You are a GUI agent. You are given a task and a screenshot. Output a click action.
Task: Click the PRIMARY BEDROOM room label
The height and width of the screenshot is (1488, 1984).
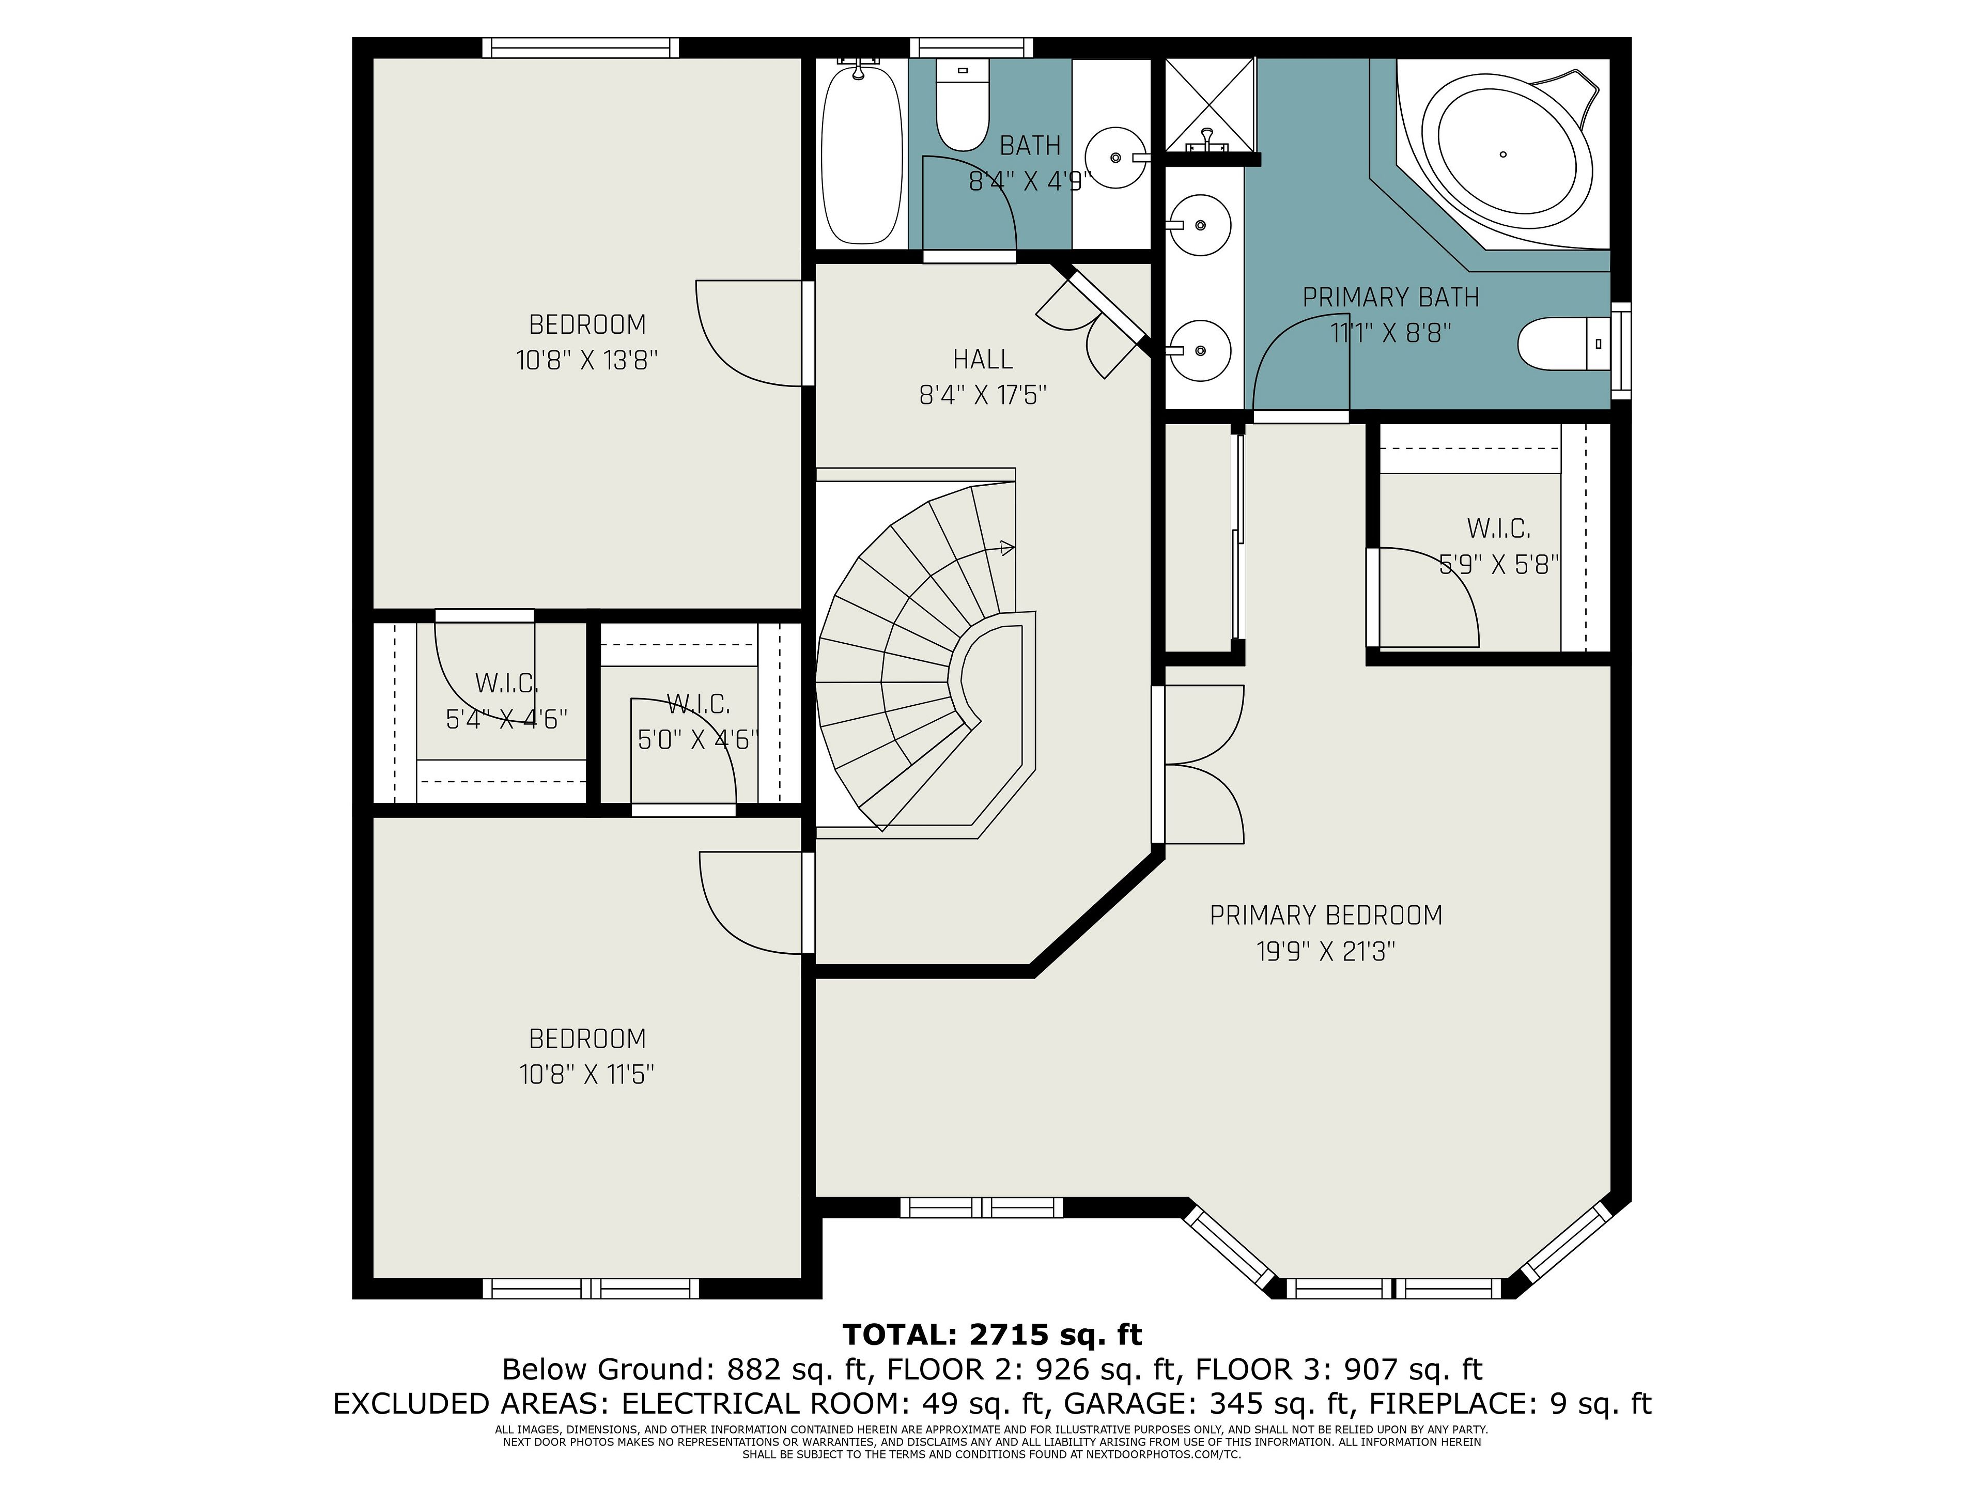[x=1326, y=916]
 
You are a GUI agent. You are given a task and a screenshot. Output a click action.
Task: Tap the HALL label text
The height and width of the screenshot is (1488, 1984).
[x=983, y=360]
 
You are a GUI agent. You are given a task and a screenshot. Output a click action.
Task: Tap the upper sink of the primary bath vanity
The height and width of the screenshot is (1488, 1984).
[x=1200, y=225]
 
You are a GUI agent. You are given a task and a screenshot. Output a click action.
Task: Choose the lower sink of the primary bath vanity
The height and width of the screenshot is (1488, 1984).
[x=1200, y=351]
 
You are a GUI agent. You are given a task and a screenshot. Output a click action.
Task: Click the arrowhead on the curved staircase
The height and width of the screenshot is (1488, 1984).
[x=1008, y=547]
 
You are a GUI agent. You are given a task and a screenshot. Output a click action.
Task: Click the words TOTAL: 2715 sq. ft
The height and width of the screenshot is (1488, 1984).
[x=992, y=1335]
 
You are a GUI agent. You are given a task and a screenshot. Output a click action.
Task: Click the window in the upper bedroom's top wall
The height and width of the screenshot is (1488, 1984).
[x=580, y=48]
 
